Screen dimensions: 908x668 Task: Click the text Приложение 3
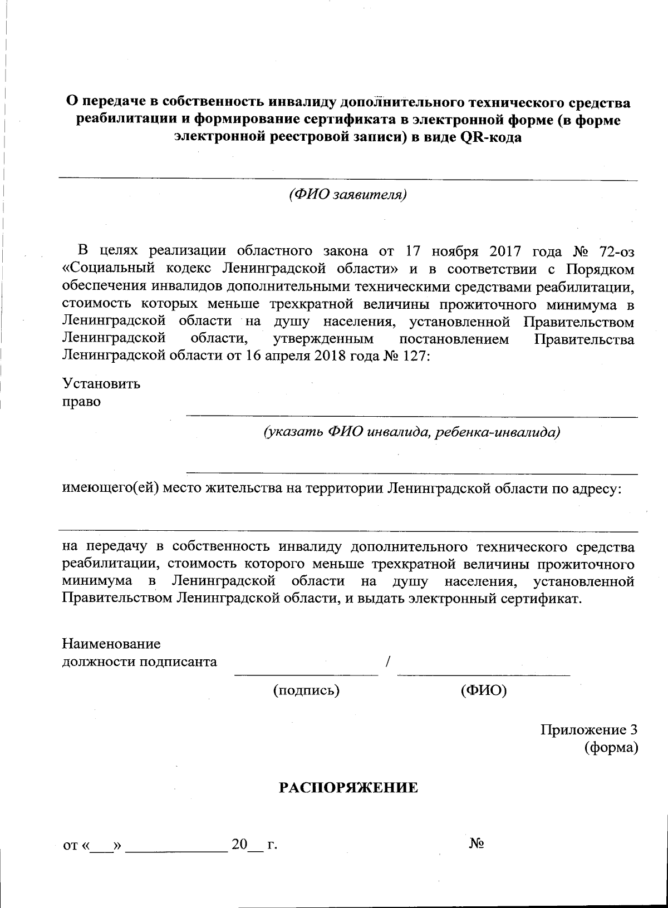(x=588, y=729)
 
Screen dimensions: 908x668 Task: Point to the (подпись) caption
(x=306, y=690)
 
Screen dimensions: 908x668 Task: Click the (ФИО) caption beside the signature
(x=484, y=690)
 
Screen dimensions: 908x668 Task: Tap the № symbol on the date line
(x=477, y=843)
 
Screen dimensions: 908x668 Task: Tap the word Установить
(x=101, y=384)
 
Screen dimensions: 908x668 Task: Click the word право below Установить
(x=81, y=402)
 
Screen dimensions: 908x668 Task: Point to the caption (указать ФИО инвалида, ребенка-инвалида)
(x=411, y=432)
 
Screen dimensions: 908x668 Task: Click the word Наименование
(x=111, y=644)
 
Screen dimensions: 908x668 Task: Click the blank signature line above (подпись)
(x=306, y=675)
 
